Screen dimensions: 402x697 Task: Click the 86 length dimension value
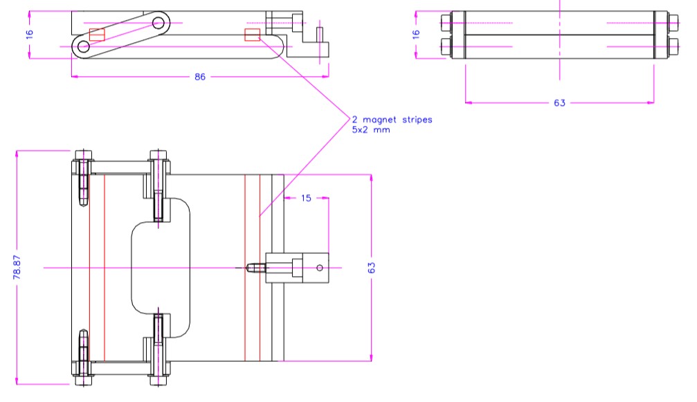[x=199, y=77]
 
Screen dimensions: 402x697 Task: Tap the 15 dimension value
[x=307, y=199]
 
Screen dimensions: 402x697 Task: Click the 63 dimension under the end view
[x=559, y=103]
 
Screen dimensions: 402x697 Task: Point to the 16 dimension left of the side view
[x=30, y=33]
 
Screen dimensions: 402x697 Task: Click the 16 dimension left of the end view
[x=416, y=33]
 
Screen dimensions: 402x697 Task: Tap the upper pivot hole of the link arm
[x=159, y=23]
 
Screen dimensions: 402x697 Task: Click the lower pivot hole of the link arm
[x=84, y=47]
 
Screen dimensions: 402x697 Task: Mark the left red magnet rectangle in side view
[x=97, y=35]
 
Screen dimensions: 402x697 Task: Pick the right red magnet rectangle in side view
[x=252, y=35]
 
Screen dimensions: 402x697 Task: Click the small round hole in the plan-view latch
[x=319, y=268]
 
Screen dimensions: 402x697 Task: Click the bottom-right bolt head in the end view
[x=673, y=48]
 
